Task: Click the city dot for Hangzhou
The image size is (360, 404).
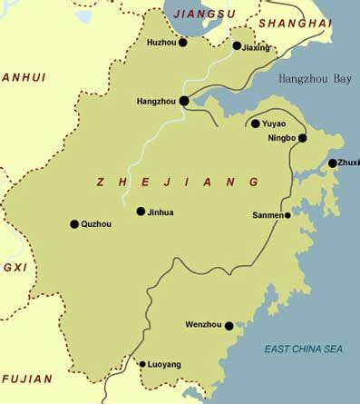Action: tap(184, 101)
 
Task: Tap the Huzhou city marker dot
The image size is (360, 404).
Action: tap(182, 42)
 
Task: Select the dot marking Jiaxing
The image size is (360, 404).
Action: tap(237, 45)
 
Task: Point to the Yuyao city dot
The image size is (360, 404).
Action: tap(256, 123)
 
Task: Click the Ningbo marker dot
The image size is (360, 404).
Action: tap(302, 138)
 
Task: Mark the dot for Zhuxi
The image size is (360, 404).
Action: tap(332, 163)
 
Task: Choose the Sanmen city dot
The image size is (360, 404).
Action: tap(287, 215)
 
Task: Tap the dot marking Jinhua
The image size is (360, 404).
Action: tap(141, 212)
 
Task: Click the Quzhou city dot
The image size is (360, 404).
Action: tap(74, 223)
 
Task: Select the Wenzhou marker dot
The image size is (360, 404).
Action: tap(229, 325)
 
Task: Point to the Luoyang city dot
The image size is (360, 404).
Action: tap(142, 364)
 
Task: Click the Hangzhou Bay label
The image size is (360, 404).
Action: tap(314, 80)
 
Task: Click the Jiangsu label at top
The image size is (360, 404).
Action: tap(203, 15)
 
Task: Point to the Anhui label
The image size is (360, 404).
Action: tap(24, 78)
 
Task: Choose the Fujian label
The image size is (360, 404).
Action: tap(26, 379)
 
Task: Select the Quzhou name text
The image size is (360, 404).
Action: tap(97, 223)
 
